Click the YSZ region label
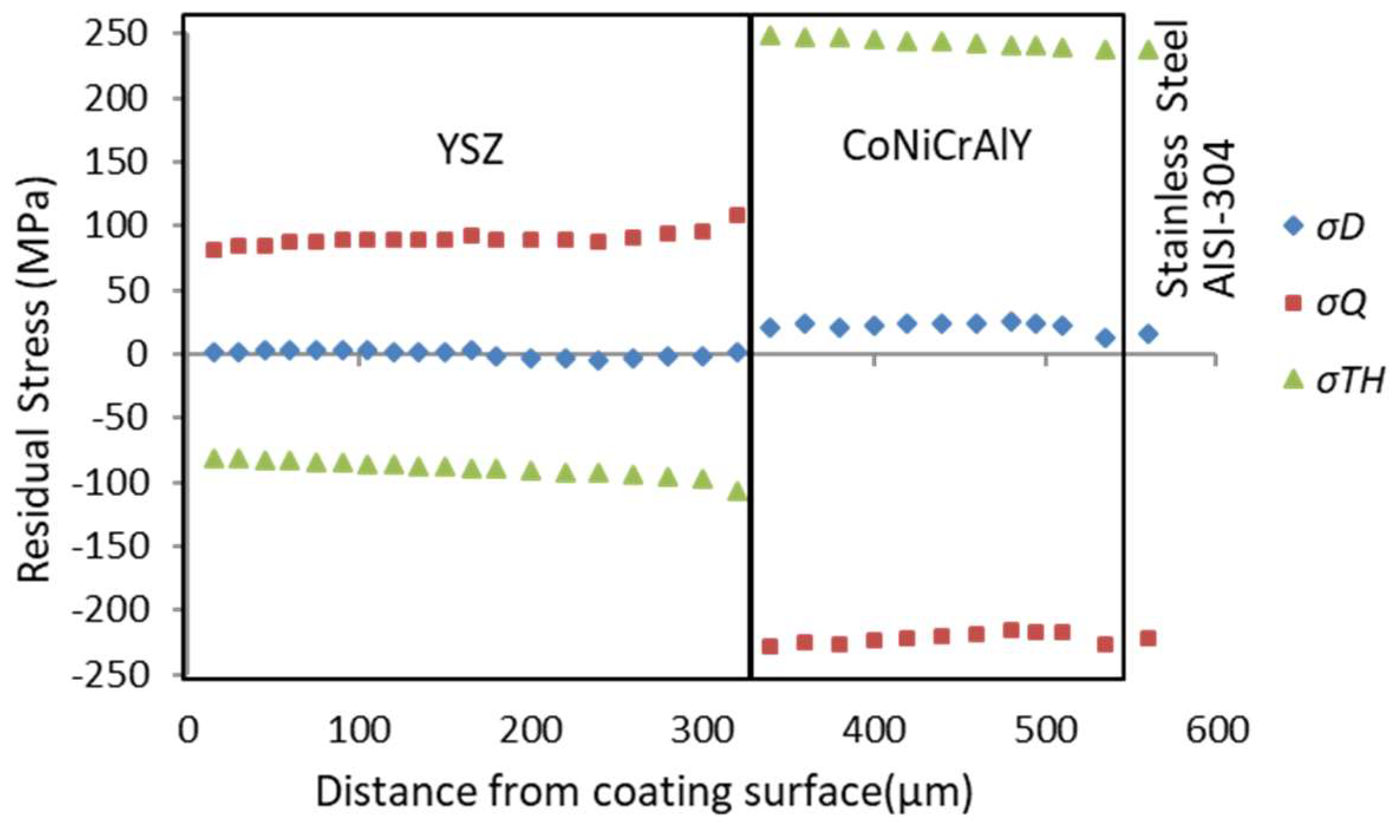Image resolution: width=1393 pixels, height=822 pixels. [x=470, y=150]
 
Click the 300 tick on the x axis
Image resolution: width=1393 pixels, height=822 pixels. [x=703, y=730]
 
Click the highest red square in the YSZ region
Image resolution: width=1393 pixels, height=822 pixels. [x=737, y=215]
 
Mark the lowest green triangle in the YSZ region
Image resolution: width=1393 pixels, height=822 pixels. [x=737, y=492]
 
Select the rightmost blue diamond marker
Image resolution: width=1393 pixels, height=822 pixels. [x=1148, y=334]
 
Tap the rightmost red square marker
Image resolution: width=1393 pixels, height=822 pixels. [x=1148, y=638]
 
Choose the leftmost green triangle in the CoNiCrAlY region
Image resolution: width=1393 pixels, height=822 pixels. [x=771, y=37]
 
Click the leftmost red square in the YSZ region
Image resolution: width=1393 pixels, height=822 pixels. [x=214, y=250]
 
